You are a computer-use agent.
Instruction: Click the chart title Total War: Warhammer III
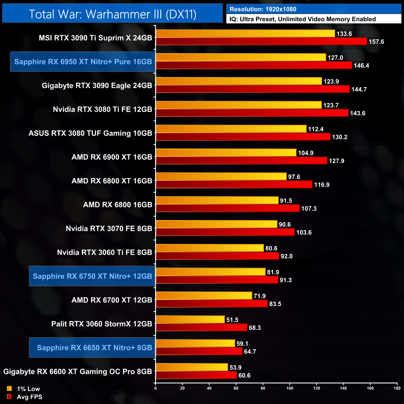tap(112, 14)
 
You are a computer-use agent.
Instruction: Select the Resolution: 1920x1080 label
tap(263, 9)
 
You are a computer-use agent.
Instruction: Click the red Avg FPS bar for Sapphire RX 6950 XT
tap(254, 65)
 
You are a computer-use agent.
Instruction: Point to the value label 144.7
tap(359, 90)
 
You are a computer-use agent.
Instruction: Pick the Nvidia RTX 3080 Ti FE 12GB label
tap(103, 109)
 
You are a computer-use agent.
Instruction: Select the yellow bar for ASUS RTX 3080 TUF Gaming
tap(231, 129)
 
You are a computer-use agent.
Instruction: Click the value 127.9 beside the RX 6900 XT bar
tap(337, 161)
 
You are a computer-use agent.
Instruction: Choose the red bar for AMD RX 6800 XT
tap(234, 185)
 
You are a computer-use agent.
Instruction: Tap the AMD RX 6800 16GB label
tap(118, 205)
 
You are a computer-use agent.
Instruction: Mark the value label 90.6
tap(285, 224)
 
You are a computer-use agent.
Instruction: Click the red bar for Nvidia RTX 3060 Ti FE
tap(217, 256)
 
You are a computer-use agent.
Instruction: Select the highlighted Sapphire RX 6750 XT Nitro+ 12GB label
tap(92, 276)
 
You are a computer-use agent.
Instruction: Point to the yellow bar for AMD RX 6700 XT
tap(204, 296)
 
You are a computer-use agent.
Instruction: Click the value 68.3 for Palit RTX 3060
tap(255, 328)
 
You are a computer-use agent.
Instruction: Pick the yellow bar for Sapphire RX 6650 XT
tap(195, 343)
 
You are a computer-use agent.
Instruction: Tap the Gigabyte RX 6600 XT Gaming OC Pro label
tap(78, 372)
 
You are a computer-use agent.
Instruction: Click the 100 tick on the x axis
tap(290, 388)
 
